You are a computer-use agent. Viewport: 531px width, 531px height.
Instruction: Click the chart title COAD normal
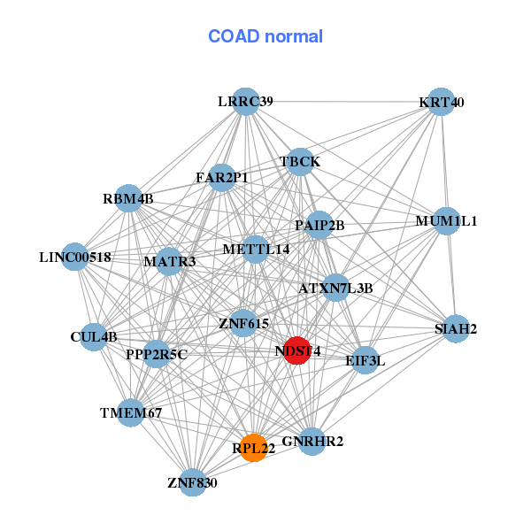coord(265,37)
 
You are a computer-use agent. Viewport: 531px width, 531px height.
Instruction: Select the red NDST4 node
coord(297,350)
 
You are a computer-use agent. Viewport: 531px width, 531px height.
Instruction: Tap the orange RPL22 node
coord(254,448)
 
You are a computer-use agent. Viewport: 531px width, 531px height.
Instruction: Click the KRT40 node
coord(441,102)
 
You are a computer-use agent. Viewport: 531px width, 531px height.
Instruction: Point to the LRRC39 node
coord(245,102)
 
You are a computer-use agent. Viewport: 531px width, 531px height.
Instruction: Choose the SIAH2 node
coord(456,329)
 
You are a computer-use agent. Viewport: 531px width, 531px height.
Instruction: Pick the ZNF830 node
coord(192,482)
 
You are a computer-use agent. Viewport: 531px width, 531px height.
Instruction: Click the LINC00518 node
coord(75,257)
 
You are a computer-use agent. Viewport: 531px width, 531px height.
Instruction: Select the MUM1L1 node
coord(446,221)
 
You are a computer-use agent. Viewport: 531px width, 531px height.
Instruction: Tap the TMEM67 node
coord(131,412)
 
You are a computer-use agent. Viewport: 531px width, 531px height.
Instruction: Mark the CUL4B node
coord(94,336)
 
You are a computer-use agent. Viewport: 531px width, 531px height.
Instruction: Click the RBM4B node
coord(128,198)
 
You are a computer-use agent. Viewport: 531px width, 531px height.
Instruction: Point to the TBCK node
coord(300,162)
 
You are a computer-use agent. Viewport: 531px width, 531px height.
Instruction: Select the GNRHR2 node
coord(312,441)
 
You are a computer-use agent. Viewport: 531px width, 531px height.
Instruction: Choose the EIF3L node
coord(366,360)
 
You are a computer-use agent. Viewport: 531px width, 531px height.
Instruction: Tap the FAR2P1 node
coord(222,178)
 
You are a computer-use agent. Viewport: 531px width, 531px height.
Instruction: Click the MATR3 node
coord(169,261)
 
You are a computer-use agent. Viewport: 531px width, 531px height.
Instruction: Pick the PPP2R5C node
coord(157,355)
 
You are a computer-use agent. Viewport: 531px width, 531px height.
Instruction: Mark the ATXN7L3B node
coord(335,288)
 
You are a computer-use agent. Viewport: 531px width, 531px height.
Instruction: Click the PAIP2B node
coord(319,225)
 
